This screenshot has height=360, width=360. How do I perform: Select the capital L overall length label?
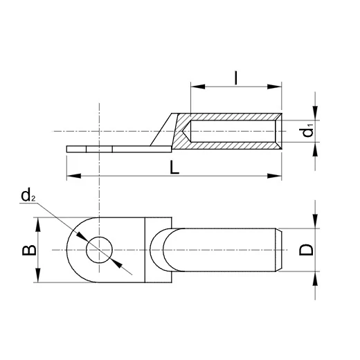tap(178, 167)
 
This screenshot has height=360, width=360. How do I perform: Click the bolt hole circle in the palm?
tap(99, 250)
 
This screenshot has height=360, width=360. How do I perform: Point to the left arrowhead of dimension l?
tap(195, 87)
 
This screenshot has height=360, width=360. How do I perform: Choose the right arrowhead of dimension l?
tap(278, 87)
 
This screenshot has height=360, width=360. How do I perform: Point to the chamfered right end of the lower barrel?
tap(280, 249)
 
